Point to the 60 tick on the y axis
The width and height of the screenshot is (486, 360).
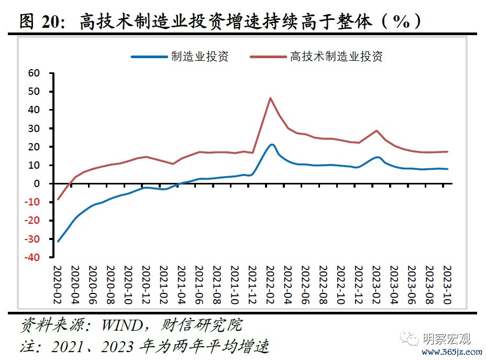pyautogui.click(x=33, y=73)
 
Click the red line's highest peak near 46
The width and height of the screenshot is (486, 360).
pyautogui.click(x=270, y=98)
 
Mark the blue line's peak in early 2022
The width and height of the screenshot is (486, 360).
pyautogui.click(x=272, y=145)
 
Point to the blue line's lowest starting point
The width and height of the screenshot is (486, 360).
pyautogui.click(x=58, y=242)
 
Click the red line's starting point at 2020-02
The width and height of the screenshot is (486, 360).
pyautogui.click(x=58, y=199)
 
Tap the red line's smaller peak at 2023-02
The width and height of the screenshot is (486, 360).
pyautogui.click(x=377, y=130)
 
